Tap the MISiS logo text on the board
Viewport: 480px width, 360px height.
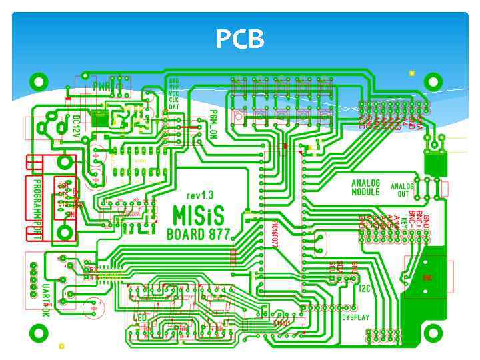(198, 215)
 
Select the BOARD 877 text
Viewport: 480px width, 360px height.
(198, 234)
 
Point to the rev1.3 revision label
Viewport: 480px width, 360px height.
(200, 196)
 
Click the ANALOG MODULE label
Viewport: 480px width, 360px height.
(365, 187)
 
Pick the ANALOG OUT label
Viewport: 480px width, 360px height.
(402, 190)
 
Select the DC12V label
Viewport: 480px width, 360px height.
(76, 125)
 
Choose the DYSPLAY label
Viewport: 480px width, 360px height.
(355, 318)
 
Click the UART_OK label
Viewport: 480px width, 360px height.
(46, 300)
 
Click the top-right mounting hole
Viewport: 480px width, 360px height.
(434, 82)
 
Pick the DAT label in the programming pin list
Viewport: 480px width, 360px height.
(174, 107)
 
